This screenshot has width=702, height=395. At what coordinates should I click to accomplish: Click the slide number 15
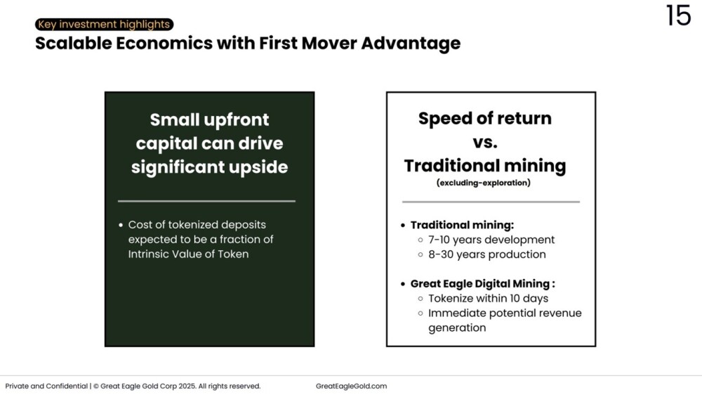[678, 15]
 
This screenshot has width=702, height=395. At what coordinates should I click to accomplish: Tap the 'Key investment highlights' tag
[105, 24]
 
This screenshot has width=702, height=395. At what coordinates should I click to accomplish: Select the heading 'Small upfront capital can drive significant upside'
[209, 143]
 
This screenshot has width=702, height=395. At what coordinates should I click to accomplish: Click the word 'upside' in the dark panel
[258, 168]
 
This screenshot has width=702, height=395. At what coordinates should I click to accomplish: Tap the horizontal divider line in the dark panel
[206, 201]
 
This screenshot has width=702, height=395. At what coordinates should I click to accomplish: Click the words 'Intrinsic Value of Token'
[188, 254]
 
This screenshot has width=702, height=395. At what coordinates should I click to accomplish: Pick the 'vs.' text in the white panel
[485, 143]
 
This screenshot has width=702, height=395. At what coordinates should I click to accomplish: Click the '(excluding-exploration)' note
[484, 183]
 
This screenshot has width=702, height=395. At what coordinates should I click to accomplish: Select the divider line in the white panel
[491, 202]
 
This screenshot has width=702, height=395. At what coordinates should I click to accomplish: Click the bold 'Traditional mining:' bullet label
[462, 225]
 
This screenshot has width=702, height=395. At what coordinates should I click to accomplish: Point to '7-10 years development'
[491, 240]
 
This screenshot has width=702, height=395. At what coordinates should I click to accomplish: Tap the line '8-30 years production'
[487, 254]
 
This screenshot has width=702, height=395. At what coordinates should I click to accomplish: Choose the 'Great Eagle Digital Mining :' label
[483, 284]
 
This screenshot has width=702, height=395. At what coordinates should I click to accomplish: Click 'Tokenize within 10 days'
[488, 299]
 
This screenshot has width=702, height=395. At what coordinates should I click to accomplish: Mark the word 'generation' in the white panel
[457, 328]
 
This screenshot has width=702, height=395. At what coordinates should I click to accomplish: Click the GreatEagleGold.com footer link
[352, 386]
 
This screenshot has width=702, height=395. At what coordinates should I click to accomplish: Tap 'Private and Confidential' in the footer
[46, 386]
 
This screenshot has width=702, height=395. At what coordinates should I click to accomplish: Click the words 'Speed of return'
[485, 119]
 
